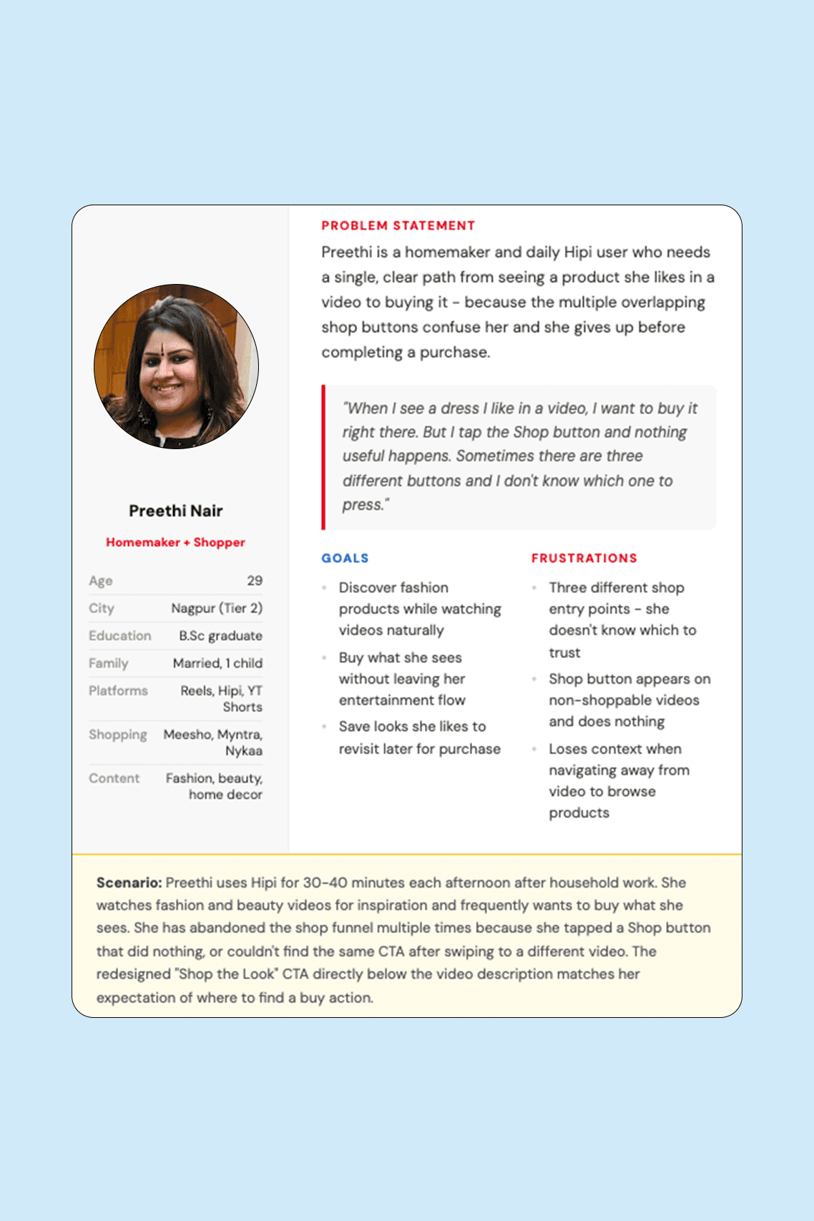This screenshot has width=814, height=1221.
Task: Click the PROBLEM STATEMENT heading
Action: pyautogui.click(x=398, y=226)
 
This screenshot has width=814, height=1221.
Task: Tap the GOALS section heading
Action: pyautogui.click(x=345, y=559)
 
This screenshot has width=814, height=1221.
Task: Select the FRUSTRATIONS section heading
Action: pyautogui.click(x=584, y=559)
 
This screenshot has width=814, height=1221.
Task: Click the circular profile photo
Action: pyautogui.click(x=176, y=366)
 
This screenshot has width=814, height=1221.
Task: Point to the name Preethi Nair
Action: pyautogui.click(x=176, y=511)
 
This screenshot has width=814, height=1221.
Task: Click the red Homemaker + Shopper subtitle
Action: pyautogui.click(x=176, y=542)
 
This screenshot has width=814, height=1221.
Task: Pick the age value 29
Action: pyautogui.click(x=255, y=581)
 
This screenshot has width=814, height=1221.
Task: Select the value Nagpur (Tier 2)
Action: pyautogui.click(x=217, y=608)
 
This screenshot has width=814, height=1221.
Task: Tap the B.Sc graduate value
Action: pyautogui.click(x=220, y=636)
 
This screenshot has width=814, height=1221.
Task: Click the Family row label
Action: pyautogui.click(x=108, y=663)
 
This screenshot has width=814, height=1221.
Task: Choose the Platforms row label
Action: pyautogui.click(x=118, y=691)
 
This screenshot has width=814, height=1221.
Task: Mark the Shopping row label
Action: pyautogui.click(x=117, y=735)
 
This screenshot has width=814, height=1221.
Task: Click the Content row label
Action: pyautogui.click(x=114, y=778)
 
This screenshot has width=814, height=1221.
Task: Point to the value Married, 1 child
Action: pyautogui.click(x=217, y=663)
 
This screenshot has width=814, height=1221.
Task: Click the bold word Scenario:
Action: pyautogui.click(x=129, y=883)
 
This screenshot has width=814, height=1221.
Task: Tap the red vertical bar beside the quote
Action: pyautogui.click(x=324, y=457)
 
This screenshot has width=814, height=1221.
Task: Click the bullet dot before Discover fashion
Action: pyautogui.click(x=324, y=588)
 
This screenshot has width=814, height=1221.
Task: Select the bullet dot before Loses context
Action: pyautogui.click(x=534, y=749)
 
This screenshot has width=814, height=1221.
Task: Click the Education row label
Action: pyautogui.click(x=119, y=636)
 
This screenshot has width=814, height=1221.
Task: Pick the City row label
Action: pyautogui.click(x=102, y=608)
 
